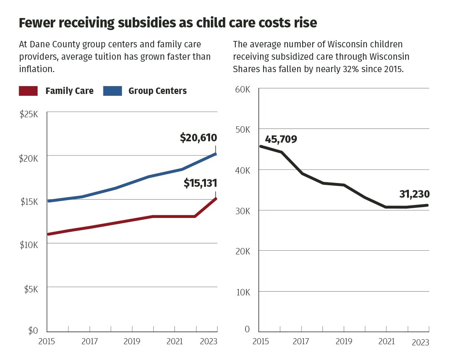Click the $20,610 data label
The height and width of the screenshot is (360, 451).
click(x=198, y=138)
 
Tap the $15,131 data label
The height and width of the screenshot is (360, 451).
click(x=200, y=183)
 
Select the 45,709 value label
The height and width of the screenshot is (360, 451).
click(x=281, y=139)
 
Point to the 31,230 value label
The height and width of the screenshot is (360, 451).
click(x=414, y=194)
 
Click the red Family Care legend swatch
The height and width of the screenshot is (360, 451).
click(x=28, y=91)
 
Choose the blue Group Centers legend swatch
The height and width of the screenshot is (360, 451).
click(x=112, y=91)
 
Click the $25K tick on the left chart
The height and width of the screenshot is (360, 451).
click(x=29, y=114)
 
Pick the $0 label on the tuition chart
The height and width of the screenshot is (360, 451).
click(x=33, y=331)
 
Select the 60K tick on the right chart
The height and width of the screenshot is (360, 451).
click(x=242, y=90)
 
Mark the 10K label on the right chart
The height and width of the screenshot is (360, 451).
click(x=242, y=292)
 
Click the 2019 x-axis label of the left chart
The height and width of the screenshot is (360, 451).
click(x=132, y=342)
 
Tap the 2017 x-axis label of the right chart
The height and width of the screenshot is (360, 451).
click(x=301, y=342)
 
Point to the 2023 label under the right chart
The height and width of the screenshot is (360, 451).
click(x=420, y=343)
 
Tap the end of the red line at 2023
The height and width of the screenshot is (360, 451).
click(x=216, y=198)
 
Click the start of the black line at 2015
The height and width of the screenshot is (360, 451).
click(x=260, y=146)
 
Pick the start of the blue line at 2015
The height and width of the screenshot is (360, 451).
click(x=48, y=201)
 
